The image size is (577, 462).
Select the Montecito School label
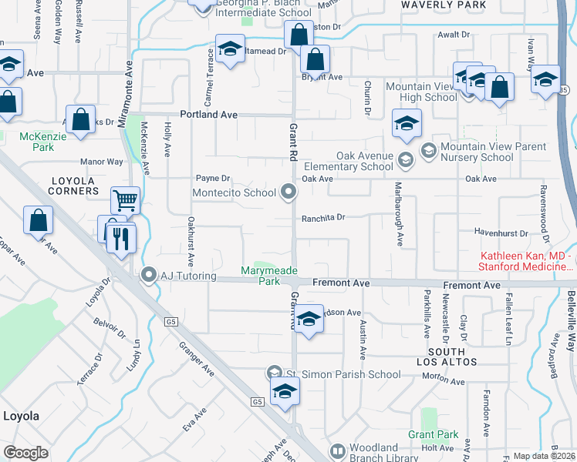235,192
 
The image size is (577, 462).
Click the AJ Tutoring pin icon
150,274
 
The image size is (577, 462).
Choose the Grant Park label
434,435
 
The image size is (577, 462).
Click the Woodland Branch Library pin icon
337,450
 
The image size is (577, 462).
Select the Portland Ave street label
208,114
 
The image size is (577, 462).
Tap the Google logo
25,453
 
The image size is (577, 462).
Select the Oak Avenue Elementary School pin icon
406,160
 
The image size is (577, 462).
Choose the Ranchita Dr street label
322,218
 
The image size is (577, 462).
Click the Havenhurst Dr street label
501,233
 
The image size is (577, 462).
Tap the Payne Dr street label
213,178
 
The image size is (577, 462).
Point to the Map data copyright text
542,456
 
